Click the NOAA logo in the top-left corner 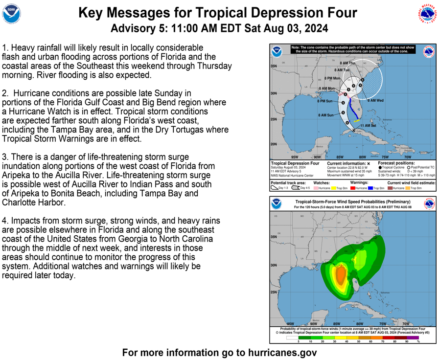pos(12,15)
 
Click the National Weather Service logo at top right pos(427,14)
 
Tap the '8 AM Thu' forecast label pos(347,63)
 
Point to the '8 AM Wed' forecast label pos(375,101)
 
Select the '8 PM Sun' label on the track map pos(324,101)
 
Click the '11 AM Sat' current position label pos(368,125)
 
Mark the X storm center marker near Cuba pos(354,131)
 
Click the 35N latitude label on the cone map pos(274,66)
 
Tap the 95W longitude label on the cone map pos(294,157)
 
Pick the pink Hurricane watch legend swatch pos(315,188)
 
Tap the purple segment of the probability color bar pos(413,337)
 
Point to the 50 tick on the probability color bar pos(359,341)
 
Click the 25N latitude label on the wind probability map pos(274,292)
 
